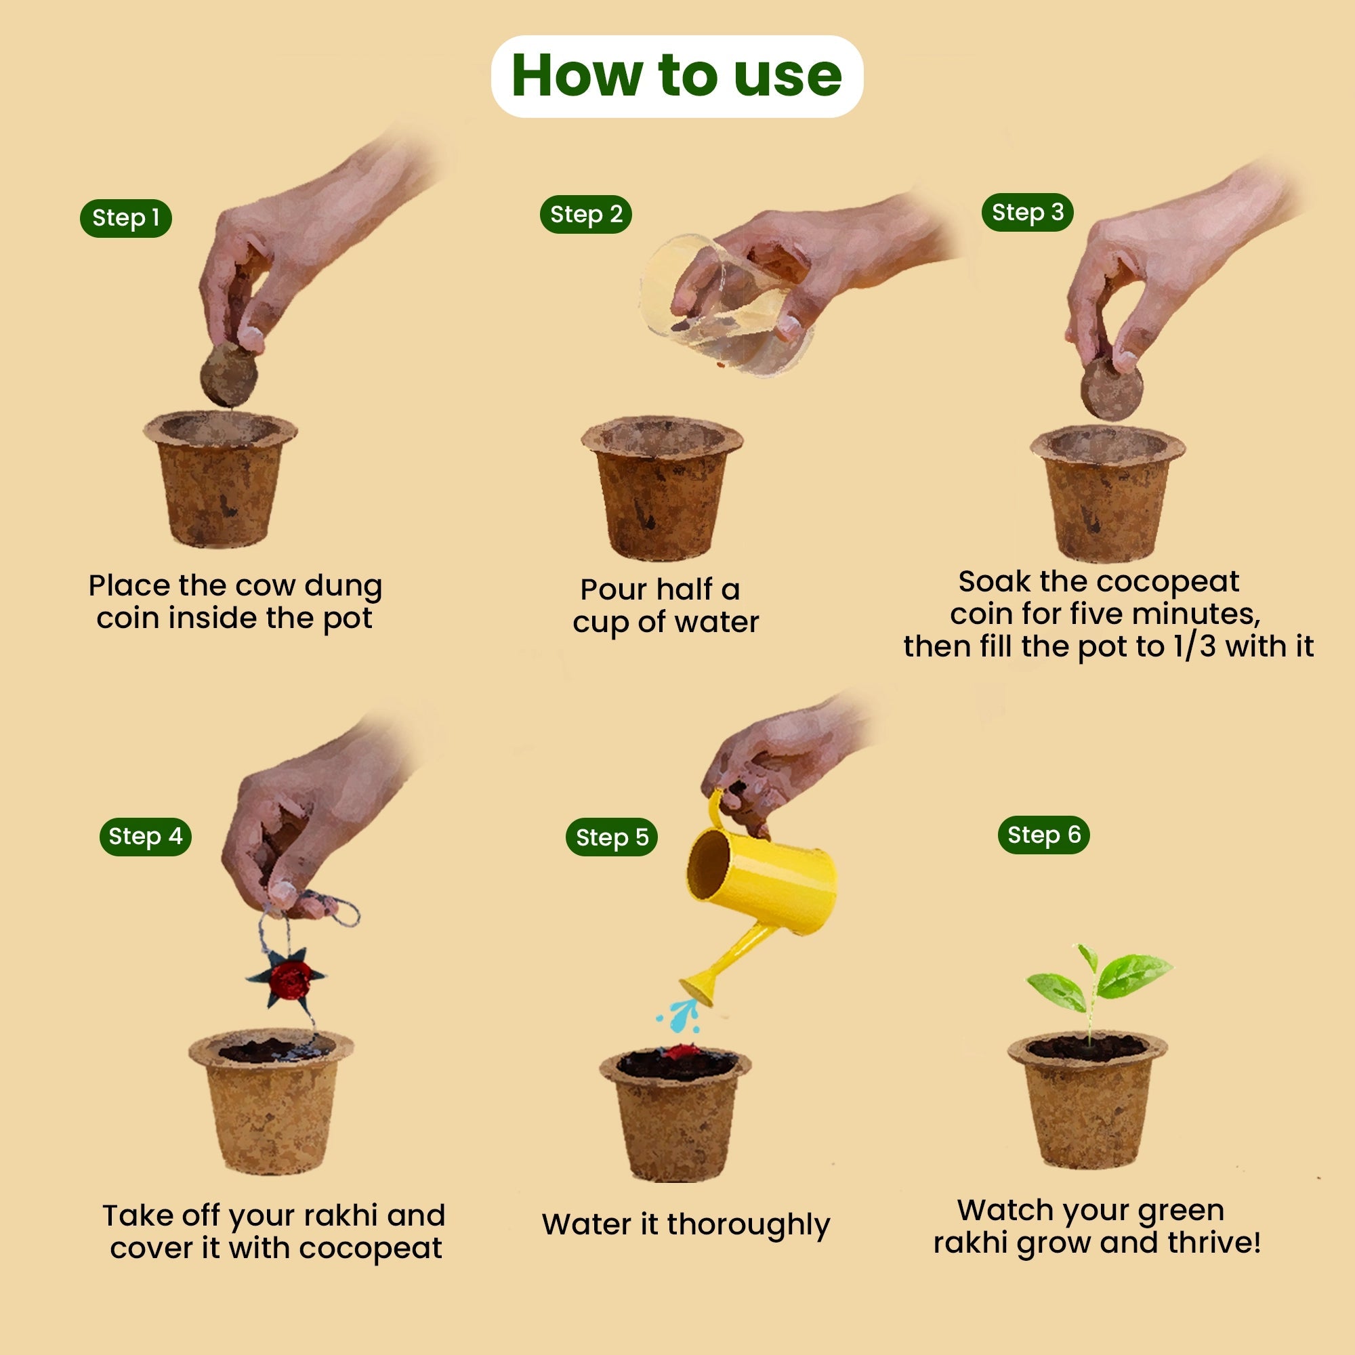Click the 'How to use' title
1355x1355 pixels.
click(677, 76)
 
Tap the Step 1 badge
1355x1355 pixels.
click(125, 218)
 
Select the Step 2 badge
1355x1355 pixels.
click(585, 215)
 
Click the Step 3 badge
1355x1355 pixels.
click(1028, 213)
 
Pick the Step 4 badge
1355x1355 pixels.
click(145, 836)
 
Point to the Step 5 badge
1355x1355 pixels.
click(612, 837)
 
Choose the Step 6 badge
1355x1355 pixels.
click(1043, 835)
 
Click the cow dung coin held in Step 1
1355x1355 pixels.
click(228, 375)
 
